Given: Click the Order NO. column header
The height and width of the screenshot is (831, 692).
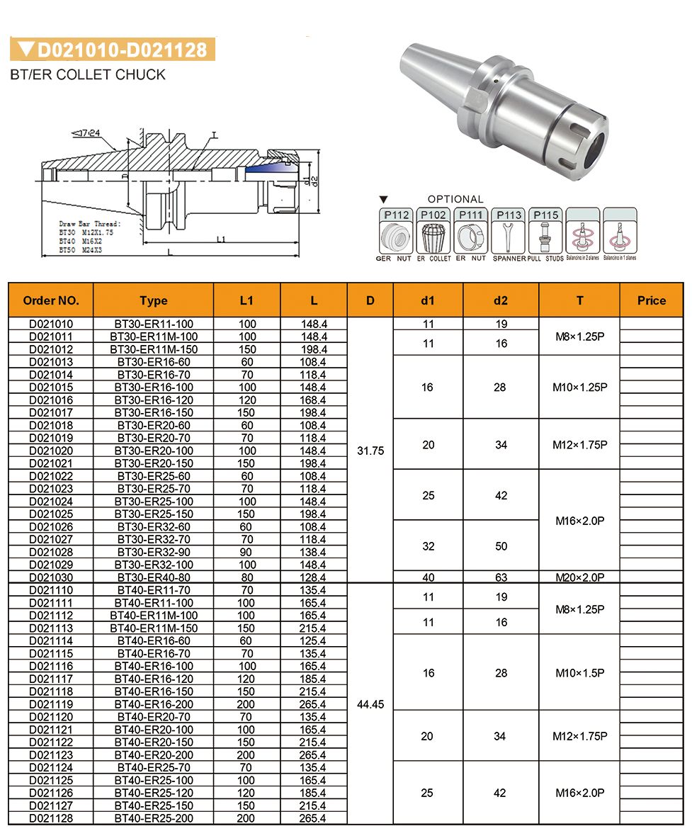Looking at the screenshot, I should tap(50, 300).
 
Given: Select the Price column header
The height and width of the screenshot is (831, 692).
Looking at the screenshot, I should tap(651, 300).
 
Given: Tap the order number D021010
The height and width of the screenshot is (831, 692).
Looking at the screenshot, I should tap(50, 324).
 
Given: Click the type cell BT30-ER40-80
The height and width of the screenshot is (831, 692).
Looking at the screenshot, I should tap(154, 577).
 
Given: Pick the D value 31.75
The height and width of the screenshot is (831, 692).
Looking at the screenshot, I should tap(370, 451).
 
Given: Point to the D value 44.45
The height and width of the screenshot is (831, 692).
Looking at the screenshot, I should tap(370, 704).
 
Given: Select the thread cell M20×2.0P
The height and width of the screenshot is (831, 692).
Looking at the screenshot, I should tap(579, 577).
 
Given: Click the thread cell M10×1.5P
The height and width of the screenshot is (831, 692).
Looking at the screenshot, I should tap(579, 672).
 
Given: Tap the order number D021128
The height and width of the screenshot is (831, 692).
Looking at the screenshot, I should tap(50, 818).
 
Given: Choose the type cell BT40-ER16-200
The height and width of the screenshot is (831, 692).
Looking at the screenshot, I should tap(154, 704).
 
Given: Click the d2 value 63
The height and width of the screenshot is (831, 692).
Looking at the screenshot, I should tap(501, 577).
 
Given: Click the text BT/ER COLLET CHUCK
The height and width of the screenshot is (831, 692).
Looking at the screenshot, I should tap(88, 74).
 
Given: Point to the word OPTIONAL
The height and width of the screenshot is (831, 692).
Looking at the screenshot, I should tap(455, 200).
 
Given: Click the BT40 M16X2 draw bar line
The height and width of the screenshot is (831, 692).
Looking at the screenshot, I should tap(81, 241).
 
